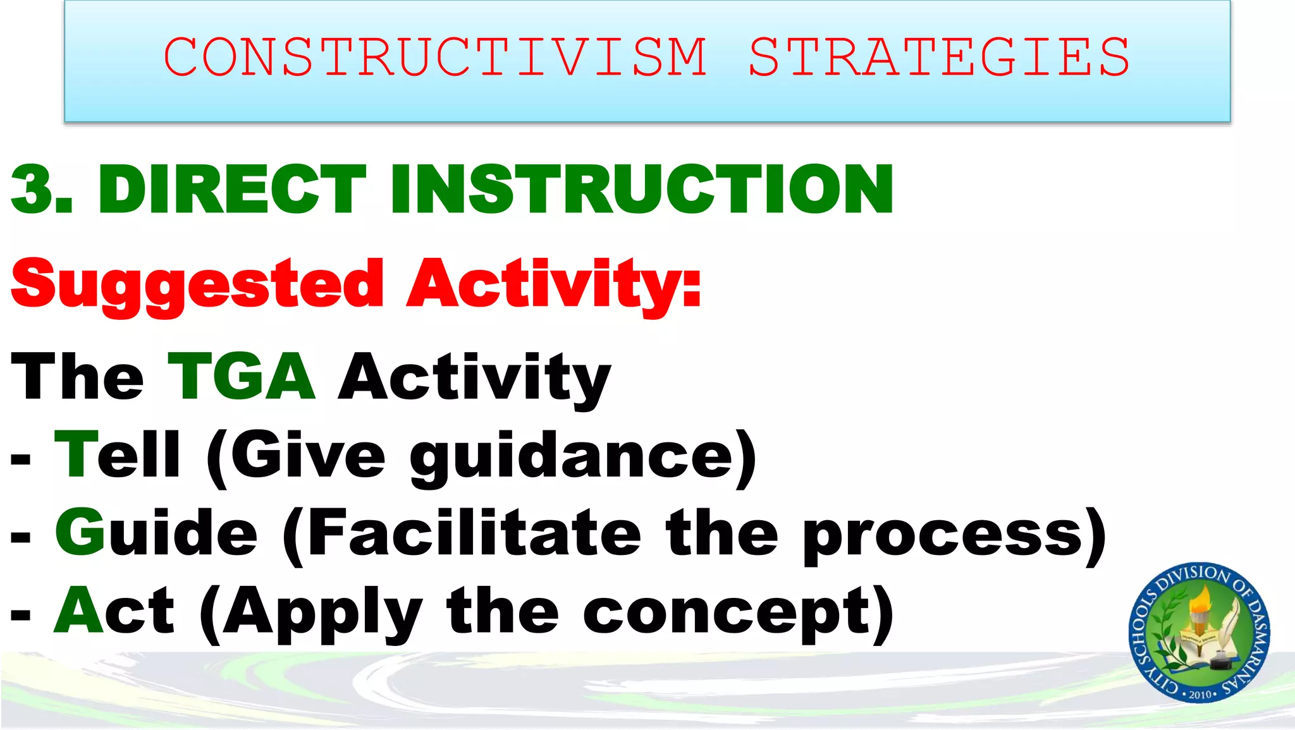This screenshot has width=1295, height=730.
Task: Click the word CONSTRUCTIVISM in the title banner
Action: coord(435,57)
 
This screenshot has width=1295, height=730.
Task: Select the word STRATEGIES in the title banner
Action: coord(939,57)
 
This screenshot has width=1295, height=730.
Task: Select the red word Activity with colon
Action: coord(554,284)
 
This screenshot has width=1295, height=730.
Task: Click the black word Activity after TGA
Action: coord(474,378)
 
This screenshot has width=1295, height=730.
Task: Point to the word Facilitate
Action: coord(474,532)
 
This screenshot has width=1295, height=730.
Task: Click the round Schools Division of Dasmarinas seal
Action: coord(1199,632)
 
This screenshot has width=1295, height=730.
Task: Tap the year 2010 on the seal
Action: coord(1200,694)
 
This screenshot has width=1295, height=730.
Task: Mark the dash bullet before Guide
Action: coord(21,538)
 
